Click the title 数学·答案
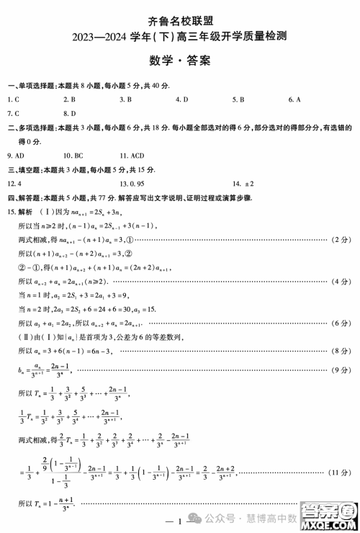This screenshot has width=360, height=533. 181,61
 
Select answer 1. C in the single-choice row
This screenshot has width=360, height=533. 12,99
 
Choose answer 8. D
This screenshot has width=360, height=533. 70,113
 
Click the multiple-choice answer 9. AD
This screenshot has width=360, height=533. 15,155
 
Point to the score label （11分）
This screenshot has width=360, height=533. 338,472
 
